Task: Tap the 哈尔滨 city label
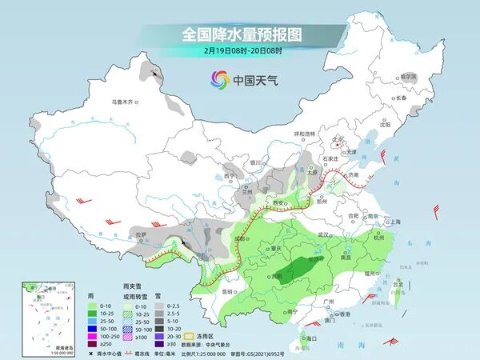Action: coord(408,76)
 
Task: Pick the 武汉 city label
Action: coord(323,234)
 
